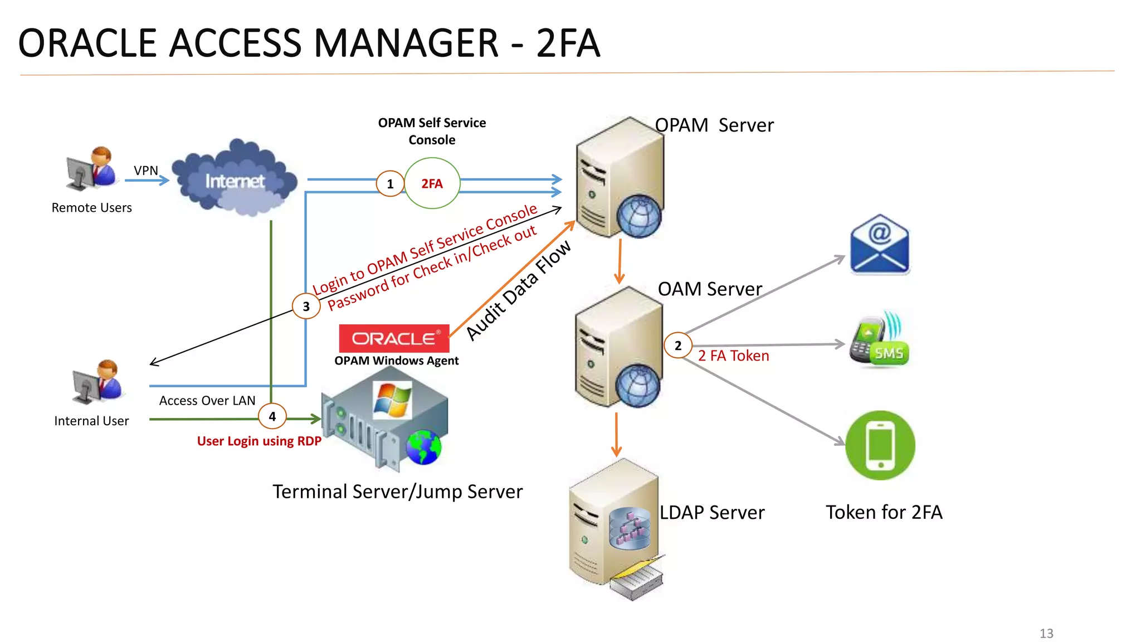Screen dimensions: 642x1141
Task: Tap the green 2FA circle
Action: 432,183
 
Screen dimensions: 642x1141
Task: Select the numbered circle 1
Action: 390,184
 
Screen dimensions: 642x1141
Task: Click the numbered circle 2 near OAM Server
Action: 677,346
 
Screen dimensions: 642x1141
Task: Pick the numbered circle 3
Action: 306,306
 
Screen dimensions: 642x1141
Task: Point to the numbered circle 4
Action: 272,416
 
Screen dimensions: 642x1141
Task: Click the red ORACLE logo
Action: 394,338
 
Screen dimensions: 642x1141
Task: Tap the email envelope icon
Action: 879,245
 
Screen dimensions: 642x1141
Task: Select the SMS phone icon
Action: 879,341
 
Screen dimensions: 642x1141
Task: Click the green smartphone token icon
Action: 880,445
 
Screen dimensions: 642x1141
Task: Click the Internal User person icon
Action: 97,382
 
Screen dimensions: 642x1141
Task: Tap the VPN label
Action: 146,171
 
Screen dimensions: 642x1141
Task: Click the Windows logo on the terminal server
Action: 392,400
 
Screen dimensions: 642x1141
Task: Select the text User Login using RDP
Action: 259,441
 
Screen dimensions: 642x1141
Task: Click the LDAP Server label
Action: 711,512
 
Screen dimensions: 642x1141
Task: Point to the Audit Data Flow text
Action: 518,290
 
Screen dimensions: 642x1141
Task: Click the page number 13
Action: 1046,633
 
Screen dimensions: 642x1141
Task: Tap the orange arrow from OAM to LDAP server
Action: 616,435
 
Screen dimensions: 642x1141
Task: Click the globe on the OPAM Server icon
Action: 639,216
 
